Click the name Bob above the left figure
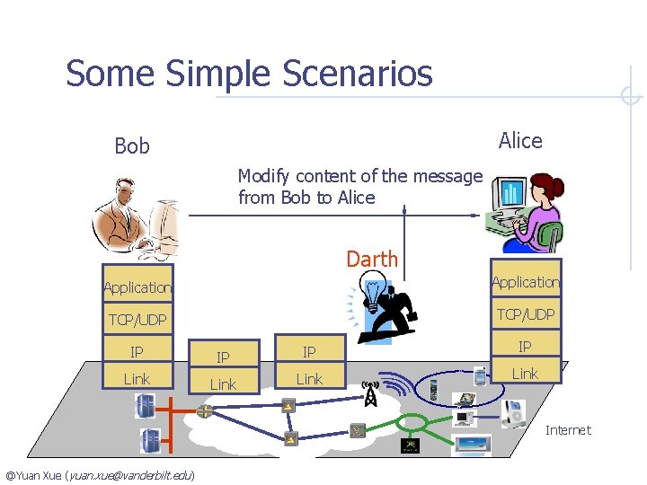132,145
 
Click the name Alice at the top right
520,140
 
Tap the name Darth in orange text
372,260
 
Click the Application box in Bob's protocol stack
137,287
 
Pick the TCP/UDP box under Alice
526,313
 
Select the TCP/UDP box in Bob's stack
137,320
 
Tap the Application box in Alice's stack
526,282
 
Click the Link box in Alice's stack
525,373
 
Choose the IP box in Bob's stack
137,351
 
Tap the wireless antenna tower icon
368,393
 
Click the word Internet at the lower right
568,430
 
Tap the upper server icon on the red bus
144,406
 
